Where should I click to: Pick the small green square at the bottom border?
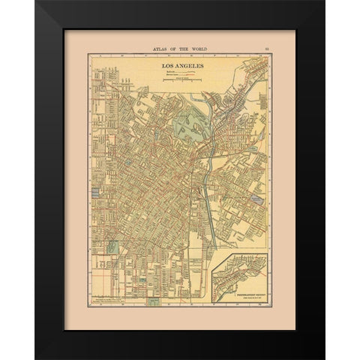(x=154, y=302)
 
